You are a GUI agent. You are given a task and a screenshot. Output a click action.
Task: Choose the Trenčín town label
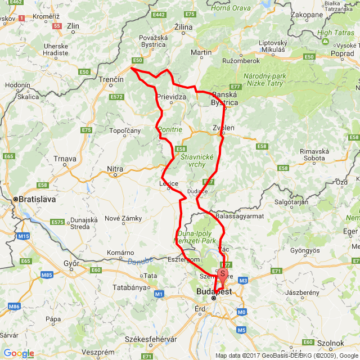(112, 80)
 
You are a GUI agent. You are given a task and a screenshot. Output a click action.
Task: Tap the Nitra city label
(115, 168)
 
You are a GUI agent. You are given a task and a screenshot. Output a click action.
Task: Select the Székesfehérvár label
(151, 339)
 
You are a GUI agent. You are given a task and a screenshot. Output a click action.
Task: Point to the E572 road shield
(116, 97)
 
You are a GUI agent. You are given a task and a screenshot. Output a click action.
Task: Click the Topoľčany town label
(125, 131)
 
